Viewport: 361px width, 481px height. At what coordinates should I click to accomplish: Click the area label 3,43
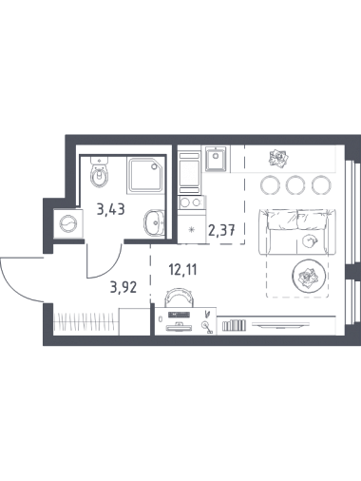coord(111,210)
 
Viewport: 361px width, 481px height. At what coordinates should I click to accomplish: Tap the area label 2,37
coord(221,230)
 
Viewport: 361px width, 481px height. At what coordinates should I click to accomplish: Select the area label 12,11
coord(183,270)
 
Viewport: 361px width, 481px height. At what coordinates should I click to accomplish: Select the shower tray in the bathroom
coord(146,176)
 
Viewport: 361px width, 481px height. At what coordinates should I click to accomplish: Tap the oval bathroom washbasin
coord(154,222)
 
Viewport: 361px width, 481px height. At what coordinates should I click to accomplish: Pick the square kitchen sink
coord(216,159)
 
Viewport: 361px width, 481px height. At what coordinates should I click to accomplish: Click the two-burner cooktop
coord(191,202)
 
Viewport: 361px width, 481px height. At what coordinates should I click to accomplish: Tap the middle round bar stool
coord(295,185)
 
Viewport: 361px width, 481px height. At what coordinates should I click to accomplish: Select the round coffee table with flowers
coord(308,276)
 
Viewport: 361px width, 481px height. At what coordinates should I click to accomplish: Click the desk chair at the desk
coord(179,298)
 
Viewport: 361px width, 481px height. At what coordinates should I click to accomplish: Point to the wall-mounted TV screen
coord(280,325)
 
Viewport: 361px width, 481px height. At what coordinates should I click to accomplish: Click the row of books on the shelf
coord(234,326)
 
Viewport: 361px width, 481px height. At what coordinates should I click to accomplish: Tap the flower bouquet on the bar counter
coord(278,159)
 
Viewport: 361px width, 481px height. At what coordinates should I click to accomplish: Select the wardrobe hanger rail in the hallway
coord(84,322)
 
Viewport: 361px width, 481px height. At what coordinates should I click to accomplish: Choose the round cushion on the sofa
coord(309,241)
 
